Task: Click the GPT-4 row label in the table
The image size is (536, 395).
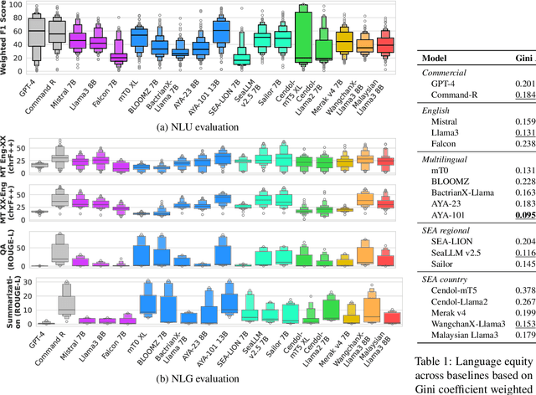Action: [442, 84]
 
